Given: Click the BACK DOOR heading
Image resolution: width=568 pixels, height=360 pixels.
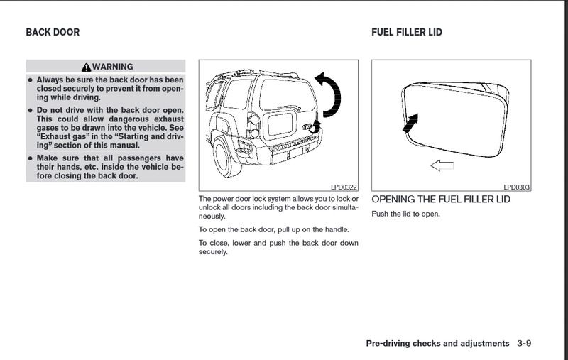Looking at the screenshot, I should click(x=53, y=32).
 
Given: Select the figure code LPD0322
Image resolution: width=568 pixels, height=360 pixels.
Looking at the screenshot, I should click(x=344, y=187).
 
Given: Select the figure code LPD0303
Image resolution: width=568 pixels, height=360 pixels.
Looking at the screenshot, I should click(x=517, y=187).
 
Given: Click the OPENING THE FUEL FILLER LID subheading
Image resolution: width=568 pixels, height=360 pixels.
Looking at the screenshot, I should click(x=440, y=200).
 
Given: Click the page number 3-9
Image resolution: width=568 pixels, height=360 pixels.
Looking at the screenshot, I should click(x=524, y=344).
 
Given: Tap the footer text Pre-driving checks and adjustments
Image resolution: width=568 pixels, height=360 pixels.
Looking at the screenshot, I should click(x=437, y=344).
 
